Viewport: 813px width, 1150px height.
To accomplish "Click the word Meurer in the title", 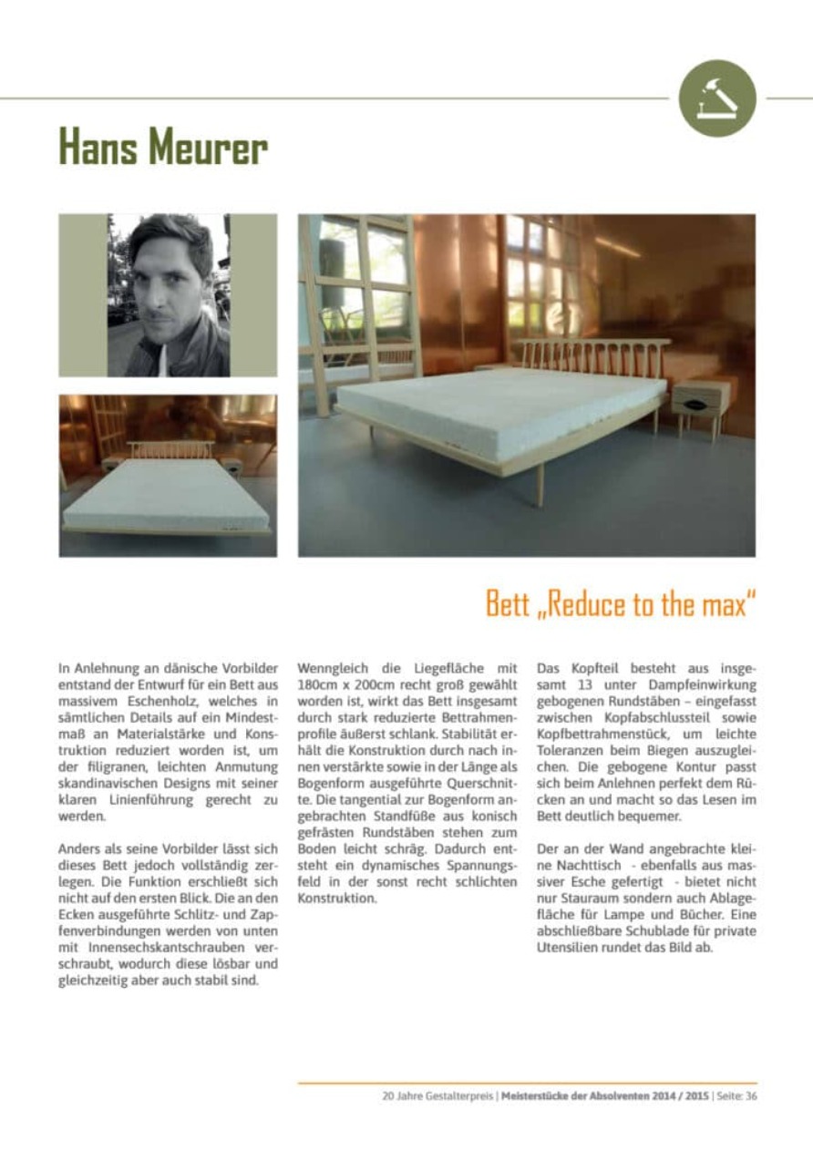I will click(209, 147).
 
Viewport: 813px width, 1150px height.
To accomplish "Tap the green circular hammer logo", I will click(717, 98).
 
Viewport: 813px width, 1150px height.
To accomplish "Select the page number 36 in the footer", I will click(750, 1096).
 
